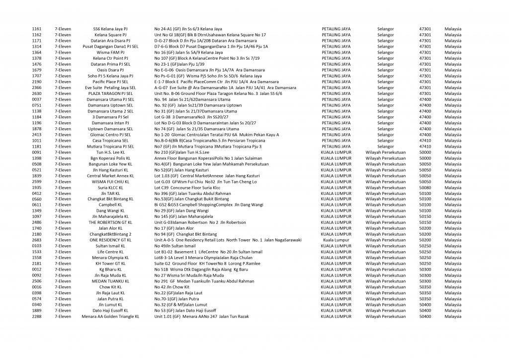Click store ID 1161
pos(37,29)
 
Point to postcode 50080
pos(425,187)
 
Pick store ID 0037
pos(37,99)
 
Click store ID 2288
pos(37,316)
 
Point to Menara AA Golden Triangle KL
pos(110,316)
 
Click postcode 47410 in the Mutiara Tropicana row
pos(425,147)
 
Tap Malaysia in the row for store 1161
pos(453,29)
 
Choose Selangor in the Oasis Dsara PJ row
pos(385,70)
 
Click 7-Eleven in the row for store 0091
pos(63,152)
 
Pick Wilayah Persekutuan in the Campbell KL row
pos(385,205)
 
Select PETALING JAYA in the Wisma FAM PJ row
pos(336,53)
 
